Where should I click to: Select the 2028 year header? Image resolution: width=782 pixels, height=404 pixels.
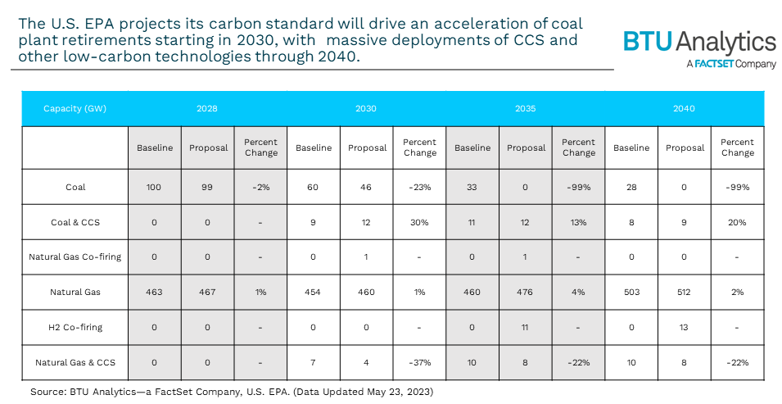(207, 108)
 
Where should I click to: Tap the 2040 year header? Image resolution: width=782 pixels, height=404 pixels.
(684, 108)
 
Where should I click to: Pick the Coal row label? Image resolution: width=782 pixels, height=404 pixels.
(75, 187)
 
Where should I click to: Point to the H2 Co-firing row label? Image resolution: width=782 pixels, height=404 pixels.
(75, 326)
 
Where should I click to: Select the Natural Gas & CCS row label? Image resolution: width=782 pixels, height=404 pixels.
(75, 361)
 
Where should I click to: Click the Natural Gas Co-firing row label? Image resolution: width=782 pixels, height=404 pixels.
(75, 256)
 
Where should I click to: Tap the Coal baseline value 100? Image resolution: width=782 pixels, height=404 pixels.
(155, 187)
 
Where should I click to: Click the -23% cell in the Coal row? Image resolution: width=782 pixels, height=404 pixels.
(419, 187)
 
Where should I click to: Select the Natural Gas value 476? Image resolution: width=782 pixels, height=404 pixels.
(526, 292)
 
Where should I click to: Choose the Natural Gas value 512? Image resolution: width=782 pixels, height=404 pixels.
(685, 292)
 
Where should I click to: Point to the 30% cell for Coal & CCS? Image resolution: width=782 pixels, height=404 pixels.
(419, 222)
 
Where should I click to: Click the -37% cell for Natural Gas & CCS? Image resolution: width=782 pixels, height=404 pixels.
(419, 361)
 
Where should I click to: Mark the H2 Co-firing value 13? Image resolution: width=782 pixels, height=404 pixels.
(685, 326)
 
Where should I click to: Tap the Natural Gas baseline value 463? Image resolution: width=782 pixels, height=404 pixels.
(155, 292)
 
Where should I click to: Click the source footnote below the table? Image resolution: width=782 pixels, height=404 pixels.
(232, 392)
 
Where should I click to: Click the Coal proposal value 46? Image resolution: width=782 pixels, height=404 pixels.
(366, 187)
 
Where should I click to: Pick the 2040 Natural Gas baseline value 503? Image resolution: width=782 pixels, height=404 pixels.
(631, 292)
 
